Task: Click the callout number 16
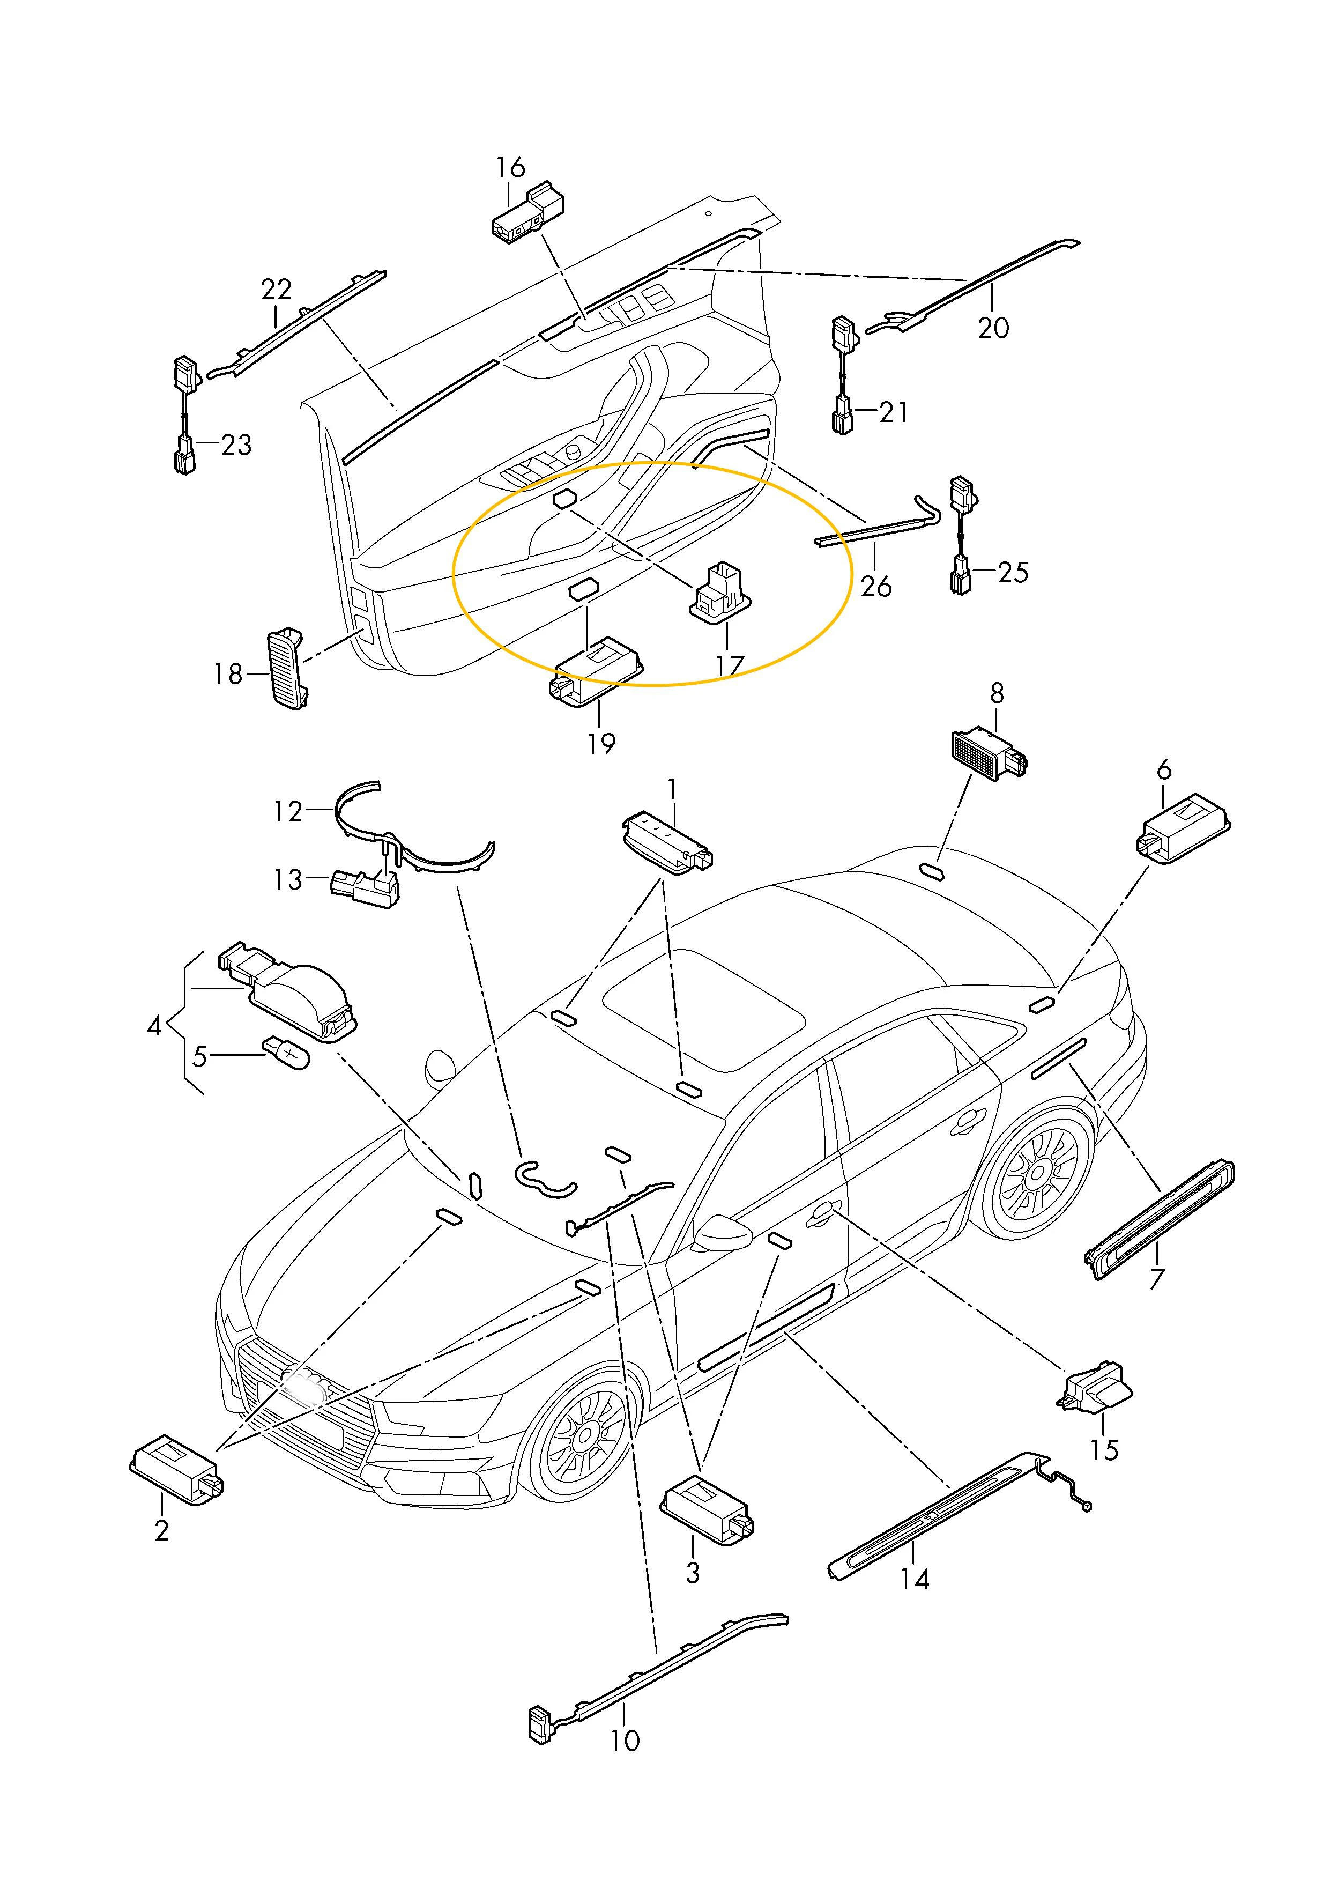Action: tap(510, 167)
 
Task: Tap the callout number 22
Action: tap(276, 289)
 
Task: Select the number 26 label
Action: tap(875, 587)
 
